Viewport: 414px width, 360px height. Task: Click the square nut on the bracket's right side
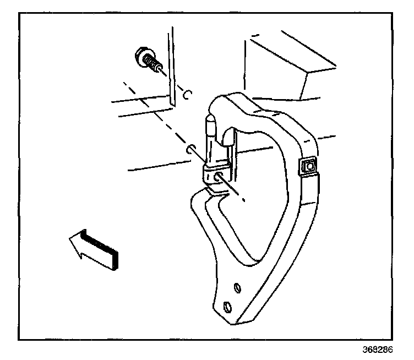(x=308, y=167)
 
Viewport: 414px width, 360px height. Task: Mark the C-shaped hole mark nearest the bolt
(x=187, y=95)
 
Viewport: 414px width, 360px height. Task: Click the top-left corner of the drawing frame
(x=20, y=14)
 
